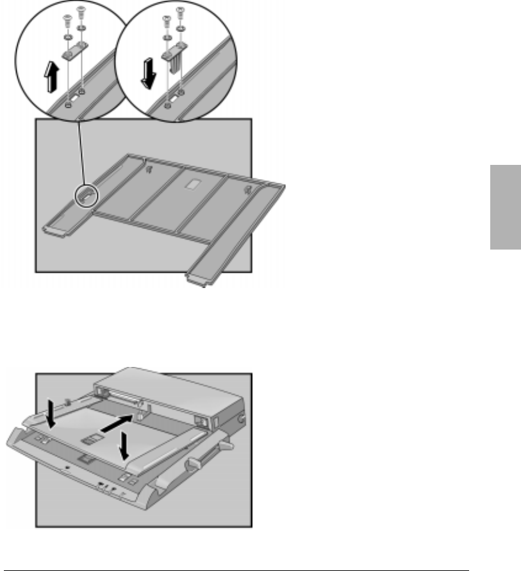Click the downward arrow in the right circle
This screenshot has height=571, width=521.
(x=149, y=73)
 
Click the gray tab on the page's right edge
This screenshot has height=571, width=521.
(x=506, y=207)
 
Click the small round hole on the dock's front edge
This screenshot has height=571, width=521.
(x=68, y=469)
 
